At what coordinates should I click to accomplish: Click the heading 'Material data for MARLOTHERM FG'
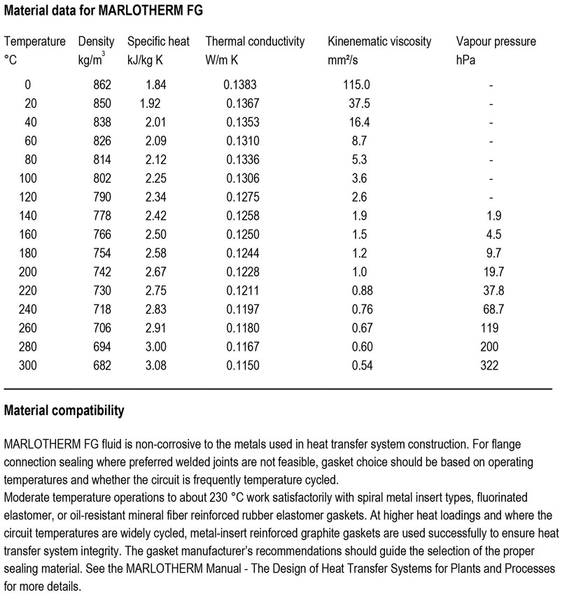[104, 12]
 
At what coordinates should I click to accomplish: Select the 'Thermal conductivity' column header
[255, 41]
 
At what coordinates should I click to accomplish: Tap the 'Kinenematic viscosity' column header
[379, 41]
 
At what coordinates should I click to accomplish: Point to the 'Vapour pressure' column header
[496, 41]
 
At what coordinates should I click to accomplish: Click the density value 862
[102, 85]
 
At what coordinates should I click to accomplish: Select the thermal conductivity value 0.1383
[240, 85]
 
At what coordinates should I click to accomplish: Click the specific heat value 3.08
[155, 365]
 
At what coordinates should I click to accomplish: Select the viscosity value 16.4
[361, 122]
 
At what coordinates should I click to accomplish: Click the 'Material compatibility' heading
[64, 411]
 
